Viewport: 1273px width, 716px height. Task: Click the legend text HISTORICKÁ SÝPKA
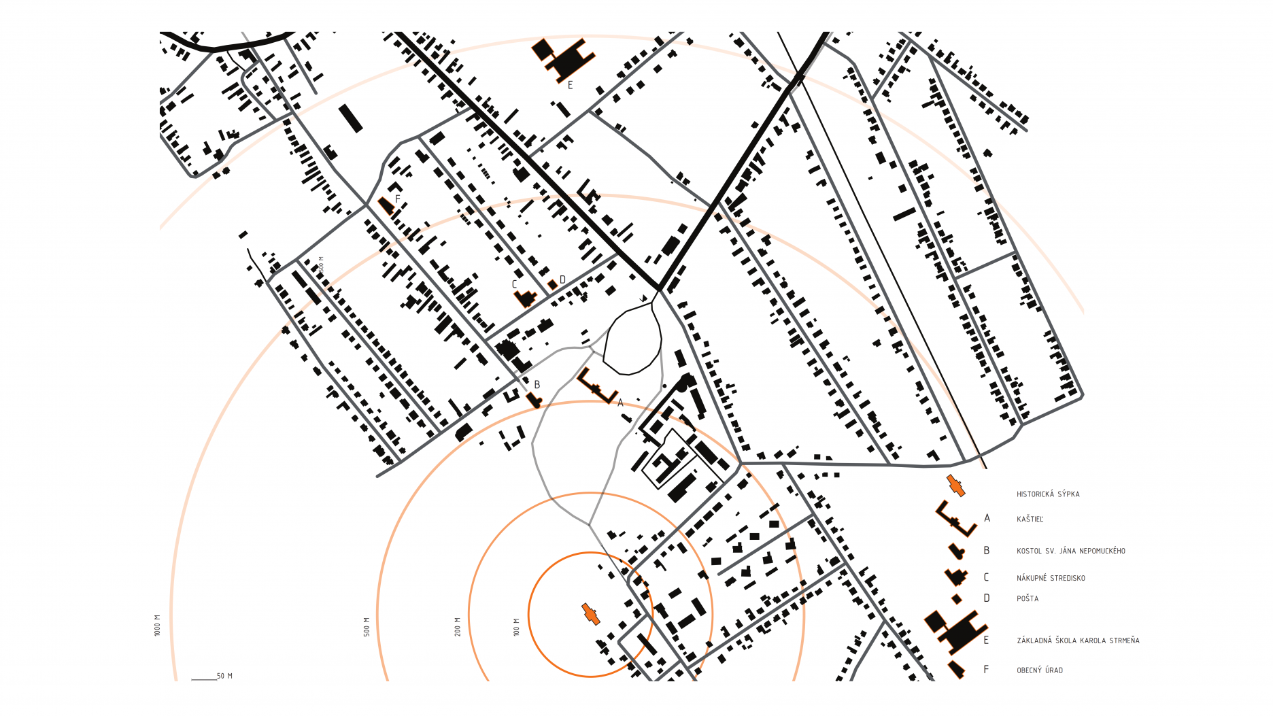point(1048,494)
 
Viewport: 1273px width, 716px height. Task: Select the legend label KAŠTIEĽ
point(1030,519)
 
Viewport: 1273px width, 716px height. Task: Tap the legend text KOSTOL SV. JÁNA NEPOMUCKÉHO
point(1071,551)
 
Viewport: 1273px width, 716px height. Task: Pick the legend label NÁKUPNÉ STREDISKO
point(1051,579)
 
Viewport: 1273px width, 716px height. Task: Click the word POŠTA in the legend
point(1028,599)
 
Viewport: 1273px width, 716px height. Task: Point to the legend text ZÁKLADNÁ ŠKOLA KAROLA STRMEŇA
point(1078,641)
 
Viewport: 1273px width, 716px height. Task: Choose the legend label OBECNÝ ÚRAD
point(1040,670)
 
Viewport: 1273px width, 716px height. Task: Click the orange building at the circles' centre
point(590,613)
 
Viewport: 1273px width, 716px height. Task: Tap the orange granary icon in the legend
point(955,485)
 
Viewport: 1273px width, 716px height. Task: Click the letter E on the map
point(570,86)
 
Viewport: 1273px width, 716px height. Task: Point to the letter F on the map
point(398,199)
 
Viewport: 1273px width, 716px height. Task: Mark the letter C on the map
point(514,285)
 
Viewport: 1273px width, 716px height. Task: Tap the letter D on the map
point(562,280)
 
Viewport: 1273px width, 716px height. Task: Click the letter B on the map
point(537,385)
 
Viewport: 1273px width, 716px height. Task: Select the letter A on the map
point(620,403)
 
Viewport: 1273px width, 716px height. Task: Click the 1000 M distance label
point(157,626)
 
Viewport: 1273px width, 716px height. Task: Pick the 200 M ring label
point(458,627)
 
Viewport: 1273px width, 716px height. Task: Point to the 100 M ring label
point(516,627)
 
